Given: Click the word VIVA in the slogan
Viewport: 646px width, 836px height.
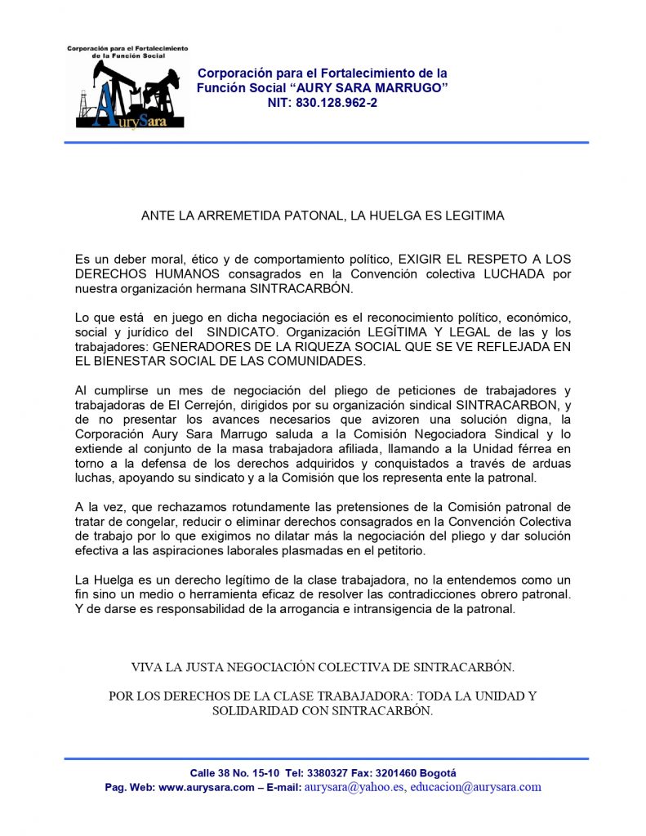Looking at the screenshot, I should pyautogui.click(x=146, y=667).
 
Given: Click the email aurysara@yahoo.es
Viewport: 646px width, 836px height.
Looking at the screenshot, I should pyautogui.click(x=354, y=788).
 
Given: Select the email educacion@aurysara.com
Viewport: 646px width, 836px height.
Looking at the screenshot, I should pyautogui.click(x=475, y=788).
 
